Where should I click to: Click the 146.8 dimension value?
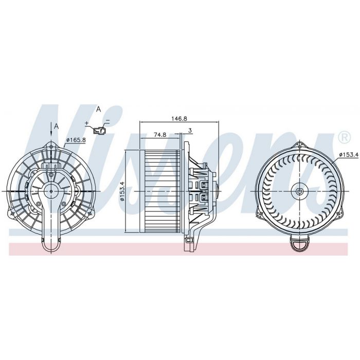tap(179, 118)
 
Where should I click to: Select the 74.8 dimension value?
tap(160, 135)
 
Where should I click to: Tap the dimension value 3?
tap(190, 131)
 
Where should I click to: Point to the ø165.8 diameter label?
tap(76, 140)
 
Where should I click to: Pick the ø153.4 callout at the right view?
tap(349, 155)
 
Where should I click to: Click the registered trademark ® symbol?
tap(345, 137)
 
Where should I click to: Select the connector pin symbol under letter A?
tap(99, 130)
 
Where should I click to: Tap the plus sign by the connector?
tap(86, 123)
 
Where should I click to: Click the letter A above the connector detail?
tap(99, 109)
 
